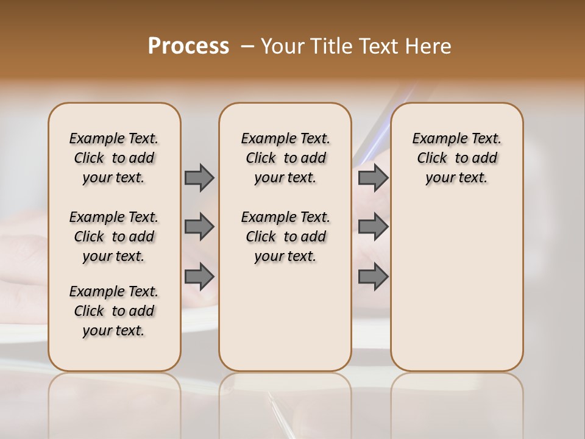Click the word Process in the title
[188, 46]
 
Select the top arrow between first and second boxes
[199, 177]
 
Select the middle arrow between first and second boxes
[199, 227]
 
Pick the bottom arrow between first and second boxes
[199, 277]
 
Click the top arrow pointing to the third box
[373, 177]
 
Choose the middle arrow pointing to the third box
[373, 227]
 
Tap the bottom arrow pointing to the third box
[373, 277]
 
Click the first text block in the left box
[114, 158]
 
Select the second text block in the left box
[114, 237]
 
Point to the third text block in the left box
[114, 311]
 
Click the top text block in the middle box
[285, 158]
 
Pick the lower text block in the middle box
[285, 237]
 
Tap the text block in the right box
[456, 158]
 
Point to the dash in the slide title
[247, 46]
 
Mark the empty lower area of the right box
[456, 287]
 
